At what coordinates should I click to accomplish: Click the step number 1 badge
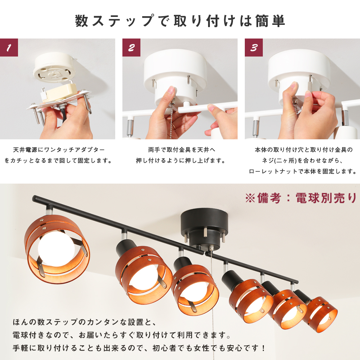click(9, 48)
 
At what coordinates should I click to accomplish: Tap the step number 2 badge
click(131, 48)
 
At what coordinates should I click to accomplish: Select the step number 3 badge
click(254, 48)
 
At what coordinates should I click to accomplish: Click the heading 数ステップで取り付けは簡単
click(180, 21)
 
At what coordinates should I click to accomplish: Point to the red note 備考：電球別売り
click(301, 198)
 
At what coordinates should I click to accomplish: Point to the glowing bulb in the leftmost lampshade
click(56, 248)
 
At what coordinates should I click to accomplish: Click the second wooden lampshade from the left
click(144, 275)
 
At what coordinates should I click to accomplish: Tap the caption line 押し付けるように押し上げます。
click(180, 161)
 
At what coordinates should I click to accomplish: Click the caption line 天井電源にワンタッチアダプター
click(59, 150)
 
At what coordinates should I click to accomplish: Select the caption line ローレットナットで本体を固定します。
click(303, 171)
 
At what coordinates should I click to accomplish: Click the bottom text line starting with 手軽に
click(139, 348)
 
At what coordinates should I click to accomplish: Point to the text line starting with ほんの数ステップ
click(85, 322)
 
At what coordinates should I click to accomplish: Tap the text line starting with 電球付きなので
click(122, 335)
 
